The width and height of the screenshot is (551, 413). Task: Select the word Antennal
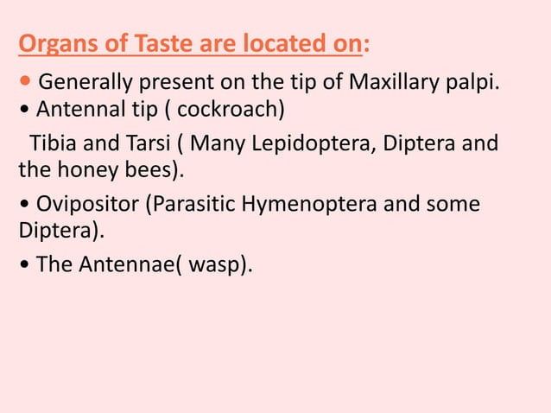(75, 112)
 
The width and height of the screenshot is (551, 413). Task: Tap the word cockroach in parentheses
(229, 112)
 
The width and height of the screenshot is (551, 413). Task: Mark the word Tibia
(52, 141)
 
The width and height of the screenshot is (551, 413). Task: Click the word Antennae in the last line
(117, 266)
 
